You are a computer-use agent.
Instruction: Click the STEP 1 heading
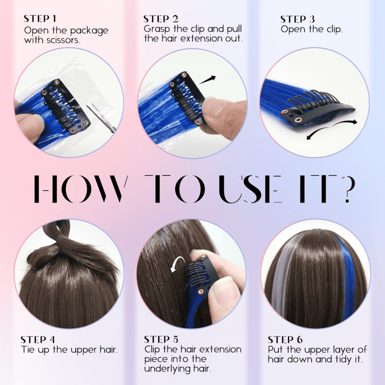(x=40, y=19)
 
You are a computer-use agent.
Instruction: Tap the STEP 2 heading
(x=161, y=19)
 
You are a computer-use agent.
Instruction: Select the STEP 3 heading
(x=297, y=19)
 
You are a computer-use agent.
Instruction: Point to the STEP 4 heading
(x=38, y=340)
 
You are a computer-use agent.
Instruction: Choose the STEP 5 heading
(x=161, y=339)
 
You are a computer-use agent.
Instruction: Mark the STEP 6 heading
(x=285, y=340)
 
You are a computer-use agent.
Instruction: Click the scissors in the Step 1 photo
(x=101, y=117)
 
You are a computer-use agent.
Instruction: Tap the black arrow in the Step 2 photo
(x=207, y=80)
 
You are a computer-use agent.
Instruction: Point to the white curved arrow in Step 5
(x=177, y=261)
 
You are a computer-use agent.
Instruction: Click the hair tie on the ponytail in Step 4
(x=62, y=236)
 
